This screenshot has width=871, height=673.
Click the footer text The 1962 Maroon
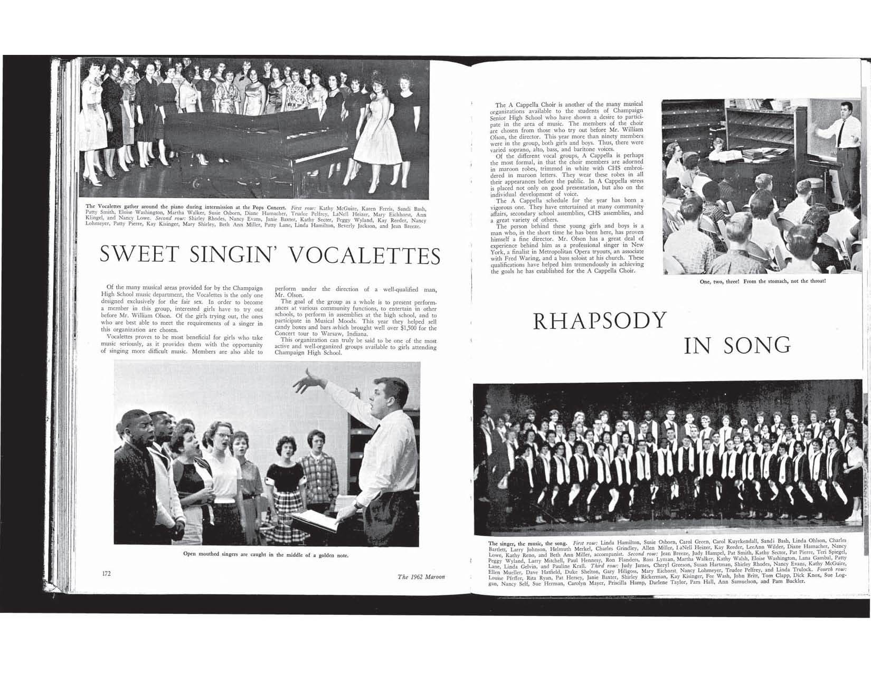(421, 577)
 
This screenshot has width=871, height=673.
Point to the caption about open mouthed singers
(266, 555)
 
